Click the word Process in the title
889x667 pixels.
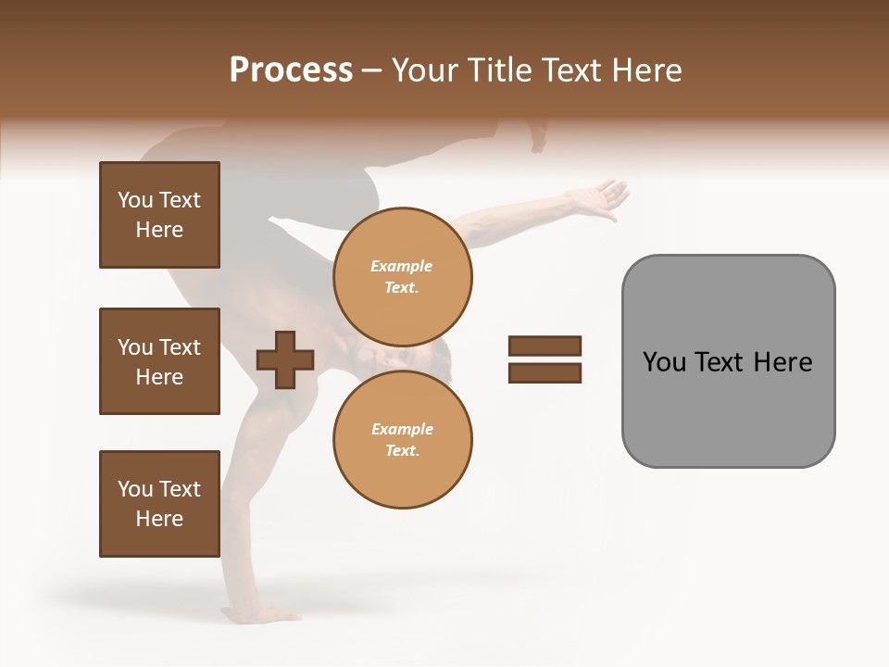tap(291, 70)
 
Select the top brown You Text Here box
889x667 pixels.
tap(159, 215)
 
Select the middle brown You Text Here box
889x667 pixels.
tap(159, 361)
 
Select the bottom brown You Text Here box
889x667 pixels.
tap(159, 504)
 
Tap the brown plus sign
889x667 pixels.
tap(285, 359)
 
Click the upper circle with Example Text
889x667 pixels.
tap(402, 276)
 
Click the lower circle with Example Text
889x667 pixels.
tap(402, 439)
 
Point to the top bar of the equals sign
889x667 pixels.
tap(545, 346)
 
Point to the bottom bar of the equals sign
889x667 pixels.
tap(545, 373)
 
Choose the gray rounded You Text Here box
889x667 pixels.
tap(728, 361)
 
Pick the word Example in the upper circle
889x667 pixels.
tap(402, 266)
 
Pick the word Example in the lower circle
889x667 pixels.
tap(402, 429)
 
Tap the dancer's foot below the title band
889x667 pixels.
tap(536, 136)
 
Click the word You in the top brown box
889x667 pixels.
tap(135, 200)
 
